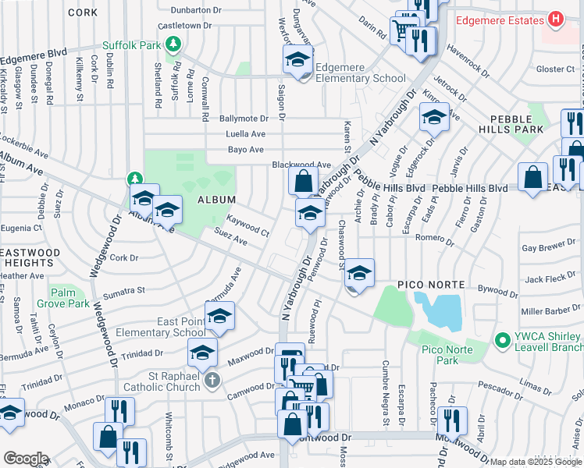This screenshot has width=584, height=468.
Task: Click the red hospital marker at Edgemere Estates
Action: [x=555, y=19]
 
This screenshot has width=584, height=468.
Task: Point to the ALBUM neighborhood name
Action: [x=216, y=200]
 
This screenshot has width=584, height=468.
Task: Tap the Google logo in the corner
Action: [x=26, y=459]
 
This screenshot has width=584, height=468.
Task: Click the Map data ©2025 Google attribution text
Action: [x=536, y=462]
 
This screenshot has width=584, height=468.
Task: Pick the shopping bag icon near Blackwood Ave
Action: [x=302, y=182]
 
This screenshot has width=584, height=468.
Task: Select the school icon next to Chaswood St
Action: [x=359, y=273]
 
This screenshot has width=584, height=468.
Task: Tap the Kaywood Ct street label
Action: [x=247, y=226]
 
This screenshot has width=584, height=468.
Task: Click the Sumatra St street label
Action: [x=126, y=291]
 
